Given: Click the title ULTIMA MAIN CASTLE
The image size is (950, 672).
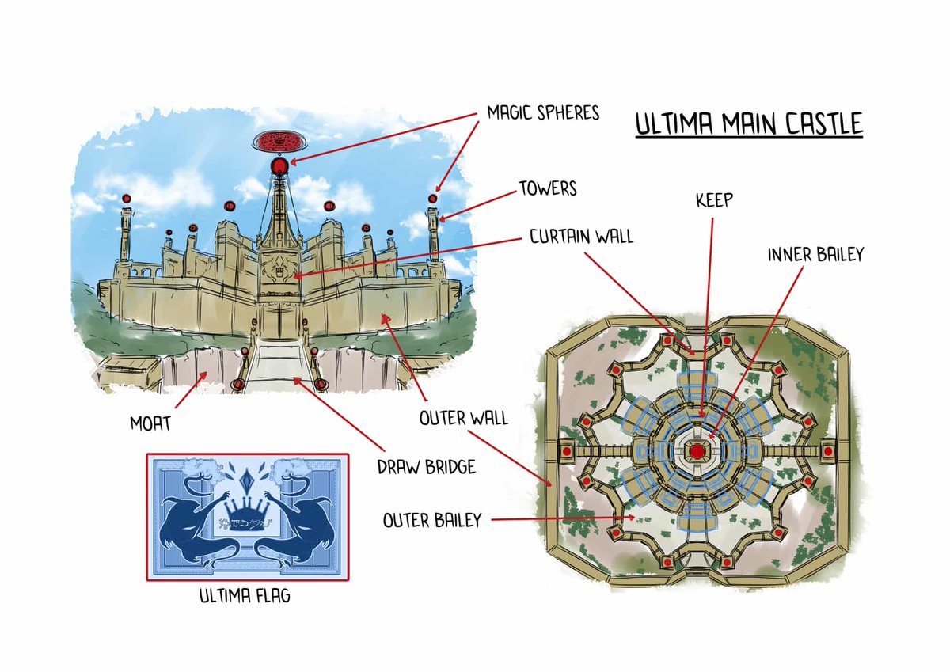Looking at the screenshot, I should tap(748, 126).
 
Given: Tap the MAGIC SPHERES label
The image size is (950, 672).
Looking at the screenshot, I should tap(542, 113).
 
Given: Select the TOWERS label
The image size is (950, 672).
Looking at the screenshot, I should tap(547, 189).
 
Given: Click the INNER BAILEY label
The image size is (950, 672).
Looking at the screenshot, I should tap(815, 256).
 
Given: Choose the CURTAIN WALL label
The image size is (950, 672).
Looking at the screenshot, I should tap(582, 236).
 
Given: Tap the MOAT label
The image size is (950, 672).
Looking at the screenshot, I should tap(150, 423).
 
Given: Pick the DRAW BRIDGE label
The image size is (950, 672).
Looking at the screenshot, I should tap(426, 467).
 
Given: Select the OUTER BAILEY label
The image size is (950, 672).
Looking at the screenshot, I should tap(432, 520).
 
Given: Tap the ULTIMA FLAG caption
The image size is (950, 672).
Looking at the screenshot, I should tap(245, 595).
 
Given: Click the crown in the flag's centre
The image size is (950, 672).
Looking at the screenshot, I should tap(245, 506).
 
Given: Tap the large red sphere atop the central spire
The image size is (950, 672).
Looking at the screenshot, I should tap(279, 166).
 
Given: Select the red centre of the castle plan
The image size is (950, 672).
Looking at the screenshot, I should tap(697, 450).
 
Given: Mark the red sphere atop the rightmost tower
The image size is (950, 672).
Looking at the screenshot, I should tap(432, 198).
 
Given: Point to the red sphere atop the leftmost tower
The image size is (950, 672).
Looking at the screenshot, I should tap(126, 198).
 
